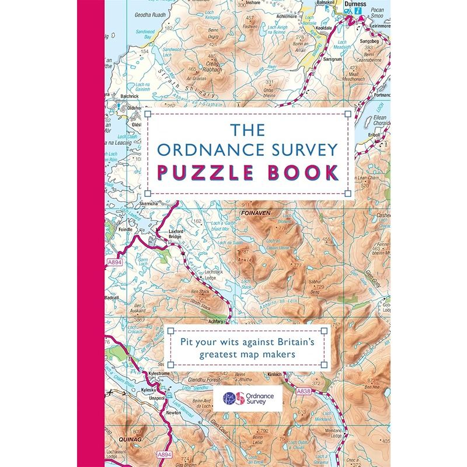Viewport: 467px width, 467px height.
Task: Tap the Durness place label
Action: (355, 4)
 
